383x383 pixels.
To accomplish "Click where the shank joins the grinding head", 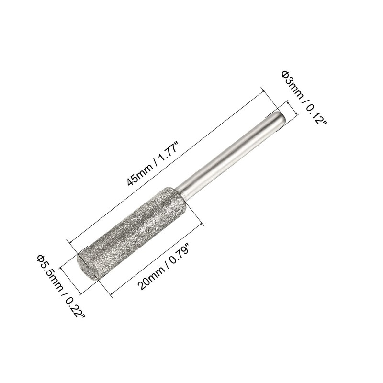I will pyautogui.click(x=184, y=189).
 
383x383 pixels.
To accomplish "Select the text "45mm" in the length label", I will pyautogui.click(x=139, y=174).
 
